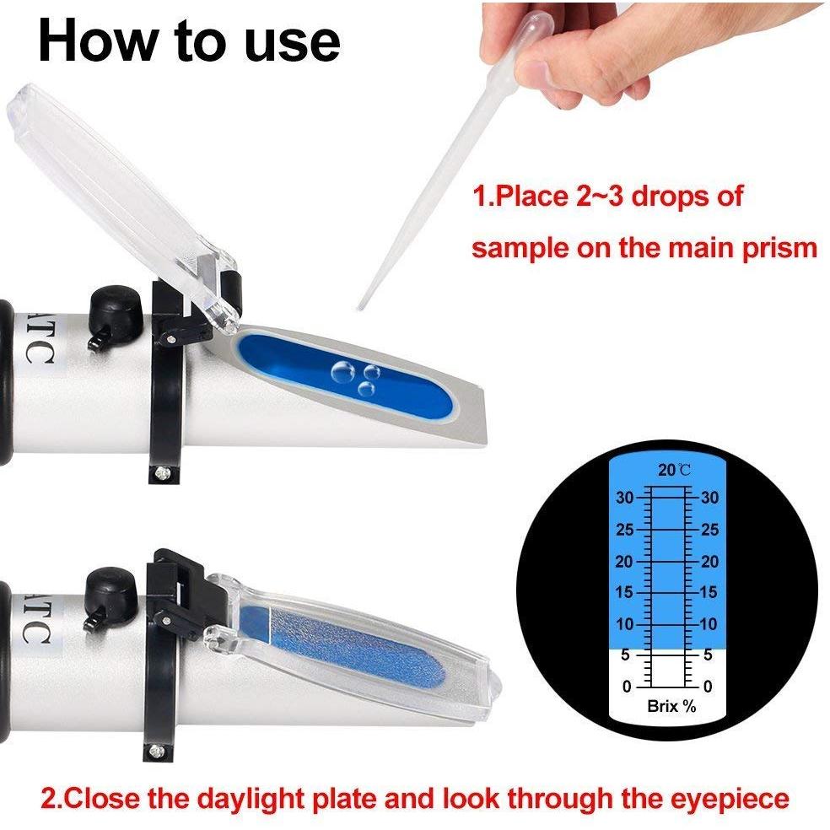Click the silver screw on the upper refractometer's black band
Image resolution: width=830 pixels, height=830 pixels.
click(x=161, y=472)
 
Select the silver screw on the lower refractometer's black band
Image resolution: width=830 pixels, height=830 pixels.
click(x=154, y=750)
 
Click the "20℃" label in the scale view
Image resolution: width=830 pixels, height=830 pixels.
click(x=675, y=470)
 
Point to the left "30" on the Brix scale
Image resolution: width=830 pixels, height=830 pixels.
click(x=625, y=498)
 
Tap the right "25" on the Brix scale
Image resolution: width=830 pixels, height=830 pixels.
click(x=710, y=530)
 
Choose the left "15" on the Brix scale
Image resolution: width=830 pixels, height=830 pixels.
click(x=625, y=592)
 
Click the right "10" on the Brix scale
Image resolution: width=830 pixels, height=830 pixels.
click(x=709, y=624)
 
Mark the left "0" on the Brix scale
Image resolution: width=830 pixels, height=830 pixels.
click(x=627, y=687)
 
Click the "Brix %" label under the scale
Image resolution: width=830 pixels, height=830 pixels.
click(x=671, y=706)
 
